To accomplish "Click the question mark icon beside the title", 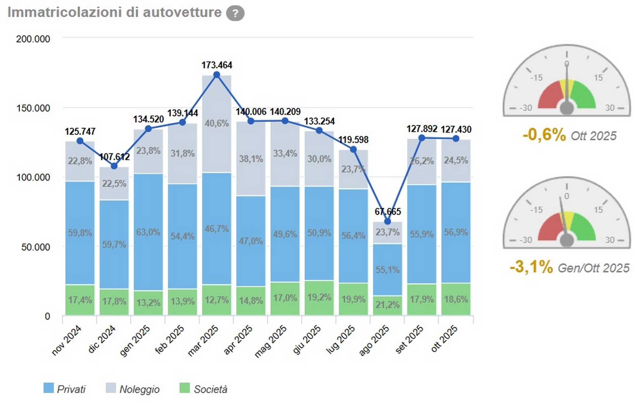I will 235,13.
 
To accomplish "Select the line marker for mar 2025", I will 217,75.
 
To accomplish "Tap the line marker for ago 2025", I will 388,221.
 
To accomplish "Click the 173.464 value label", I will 217,65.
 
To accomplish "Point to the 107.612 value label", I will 114,156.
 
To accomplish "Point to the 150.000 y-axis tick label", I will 33,108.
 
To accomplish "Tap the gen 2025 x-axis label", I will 135,341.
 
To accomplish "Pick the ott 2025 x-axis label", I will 444,339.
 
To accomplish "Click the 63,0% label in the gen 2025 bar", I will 148,232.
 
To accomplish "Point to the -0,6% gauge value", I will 544,135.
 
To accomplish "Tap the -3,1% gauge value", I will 531,267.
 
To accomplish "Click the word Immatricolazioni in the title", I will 65,12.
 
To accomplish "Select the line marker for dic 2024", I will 114,166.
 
